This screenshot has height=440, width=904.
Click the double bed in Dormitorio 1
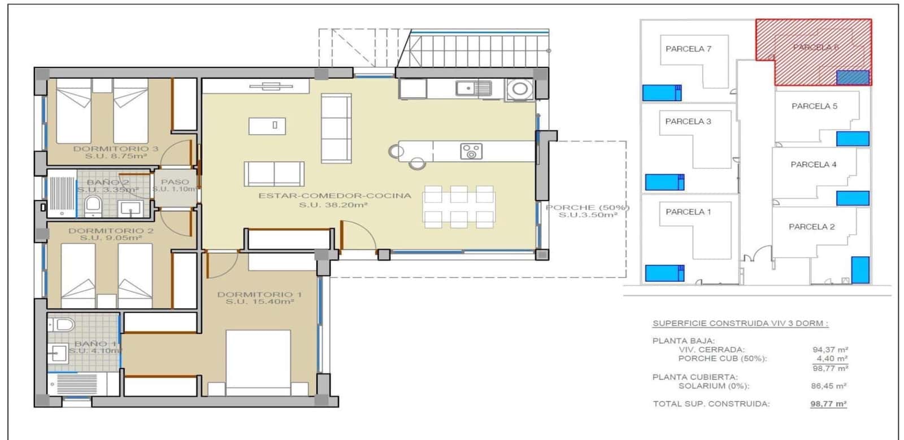(x=258, y=362)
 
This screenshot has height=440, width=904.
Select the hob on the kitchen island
(x=471, y=152)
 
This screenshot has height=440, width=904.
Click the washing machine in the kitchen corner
(x=519, y=89)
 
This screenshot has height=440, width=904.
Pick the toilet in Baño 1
(x=62, y=325)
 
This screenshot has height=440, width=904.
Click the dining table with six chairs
(x=459, y=206)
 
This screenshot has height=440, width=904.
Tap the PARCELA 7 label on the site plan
(x=688, y=49)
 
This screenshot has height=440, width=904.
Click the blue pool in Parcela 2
(x=860, y=270)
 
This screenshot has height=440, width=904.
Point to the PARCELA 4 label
(x=813, y=165)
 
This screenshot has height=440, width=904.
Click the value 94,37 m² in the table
(x=830, y=350)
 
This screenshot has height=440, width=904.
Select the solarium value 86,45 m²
(x=828, y=386)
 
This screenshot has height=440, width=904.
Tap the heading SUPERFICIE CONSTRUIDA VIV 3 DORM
(x=740, y=323)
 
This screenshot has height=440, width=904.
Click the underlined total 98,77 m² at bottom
(x=828, y=404)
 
